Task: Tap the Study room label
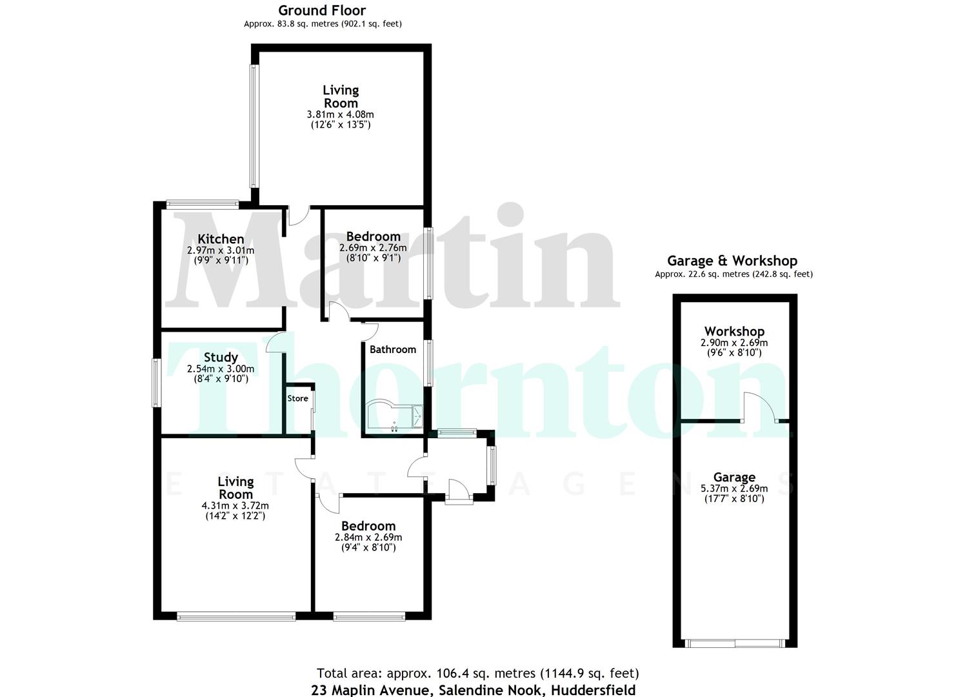point(221,357)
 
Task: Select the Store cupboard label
point(297,398)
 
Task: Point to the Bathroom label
point(392,349)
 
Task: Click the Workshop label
point(734,332)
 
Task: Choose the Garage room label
point(734,478)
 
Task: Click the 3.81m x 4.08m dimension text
point(340,114)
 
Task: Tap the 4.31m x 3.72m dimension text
point(235,505)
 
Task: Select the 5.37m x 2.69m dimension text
point(734,489)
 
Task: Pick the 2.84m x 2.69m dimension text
point(368,537)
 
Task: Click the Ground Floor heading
point(322,10)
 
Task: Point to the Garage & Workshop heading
point(732,261)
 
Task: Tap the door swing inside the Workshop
point(760,407)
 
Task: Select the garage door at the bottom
point(735,643)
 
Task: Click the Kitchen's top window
point(203,205)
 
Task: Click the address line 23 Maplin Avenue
point(473,690)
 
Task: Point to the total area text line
point(477,674)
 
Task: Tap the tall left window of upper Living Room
point(254,126)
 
